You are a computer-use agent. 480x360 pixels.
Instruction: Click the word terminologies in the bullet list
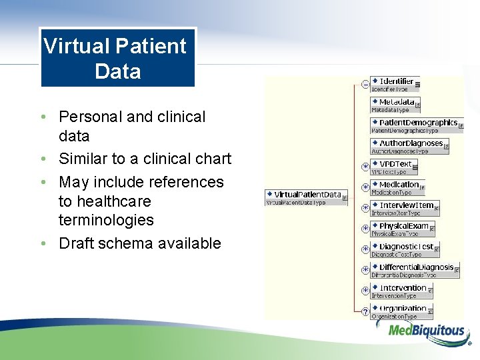106,220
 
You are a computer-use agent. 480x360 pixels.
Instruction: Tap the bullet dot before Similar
43,159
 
